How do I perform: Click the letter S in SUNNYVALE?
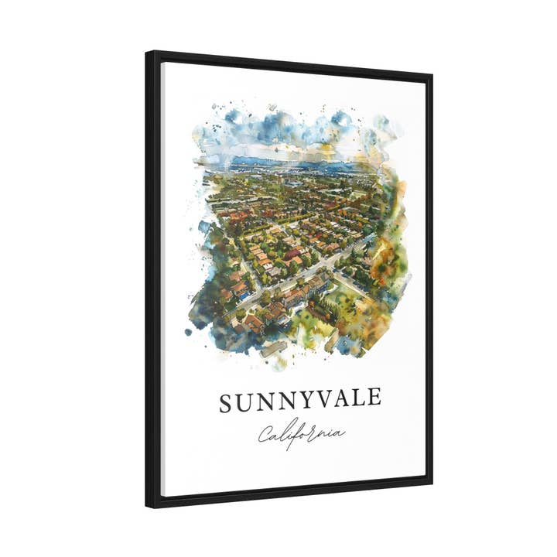click(226, 403)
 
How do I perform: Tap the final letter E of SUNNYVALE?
click(374, 398)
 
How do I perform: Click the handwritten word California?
click(301, 434)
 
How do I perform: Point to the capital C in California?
click(265, 436)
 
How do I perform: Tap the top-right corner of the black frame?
click(432, 75)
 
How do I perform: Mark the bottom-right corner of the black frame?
click(432, 485)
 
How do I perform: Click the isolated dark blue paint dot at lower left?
click(188, 332)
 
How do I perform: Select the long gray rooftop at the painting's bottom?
click(272, 349)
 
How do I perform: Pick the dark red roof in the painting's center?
click(292, 254)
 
